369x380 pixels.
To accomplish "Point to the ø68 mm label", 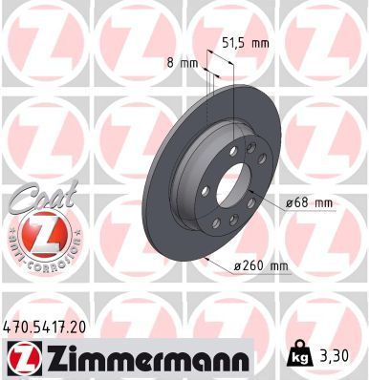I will tap(308, 201).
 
